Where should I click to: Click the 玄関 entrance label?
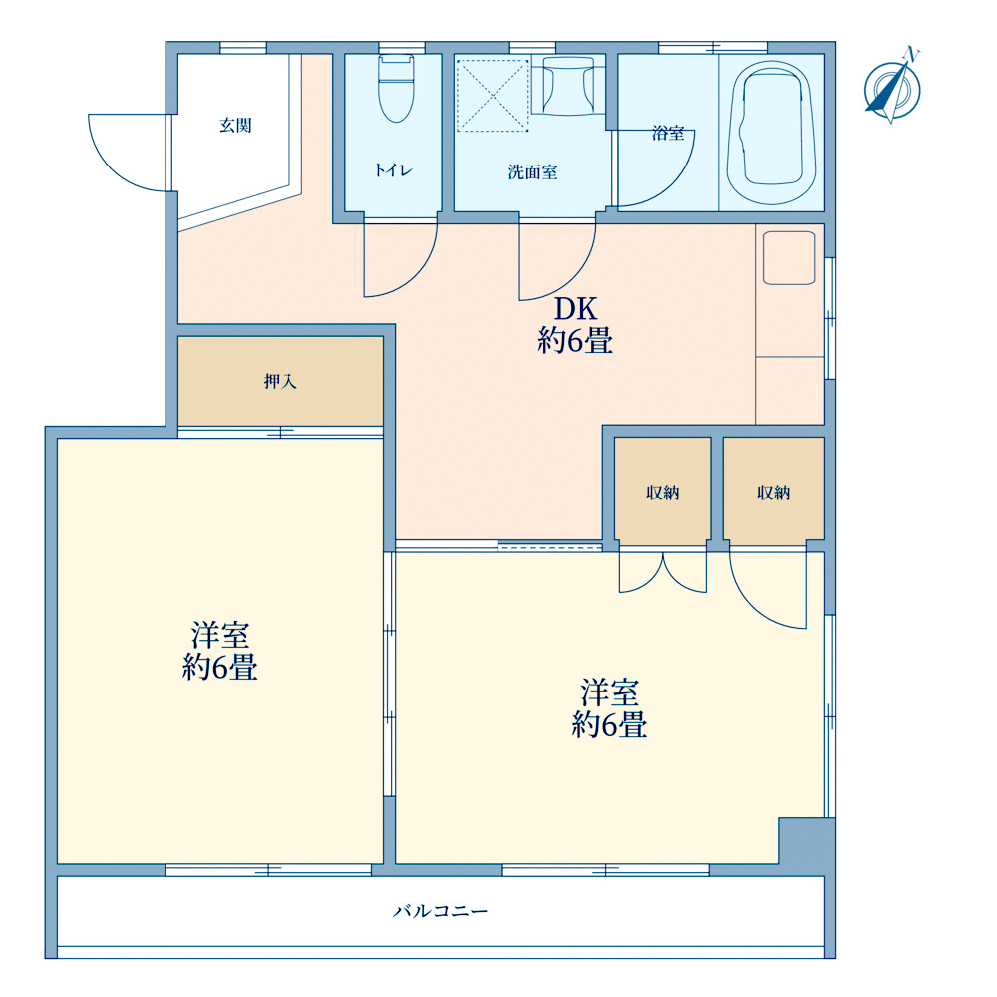[x=236, y=126]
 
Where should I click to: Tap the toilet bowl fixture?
[x=396, y=88]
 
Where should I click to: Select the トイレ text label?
[x=394, y=169]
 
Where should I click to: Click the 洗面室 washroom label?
[x=532, y=172]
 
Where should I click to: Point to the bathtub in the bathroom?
[x=772, y=133]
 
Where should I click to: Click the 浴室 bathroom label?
[x=668, y=133]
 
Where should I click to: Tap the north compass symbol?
[x=892, y=87]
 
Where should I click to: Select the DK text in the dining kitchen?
[x=576, y=309]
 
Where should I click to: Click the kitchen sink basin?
[x=789, y=258]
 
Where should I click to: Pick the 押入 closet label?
[x=280, y=382]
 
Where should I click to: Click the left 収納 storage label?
[x=663, y=493]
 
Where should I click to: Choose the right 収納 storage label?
[x=774, y=493]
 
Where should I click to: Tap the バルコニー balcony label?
[x=440, y=912]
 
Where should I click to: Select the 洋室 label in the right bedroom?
[x=610, y=693]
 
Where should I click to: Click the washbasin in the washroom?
[x=568, y=85]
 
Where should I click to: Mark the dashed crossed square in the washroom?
[x=493, y=96]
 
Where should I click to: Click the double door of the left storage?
[x=663, y=572]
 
